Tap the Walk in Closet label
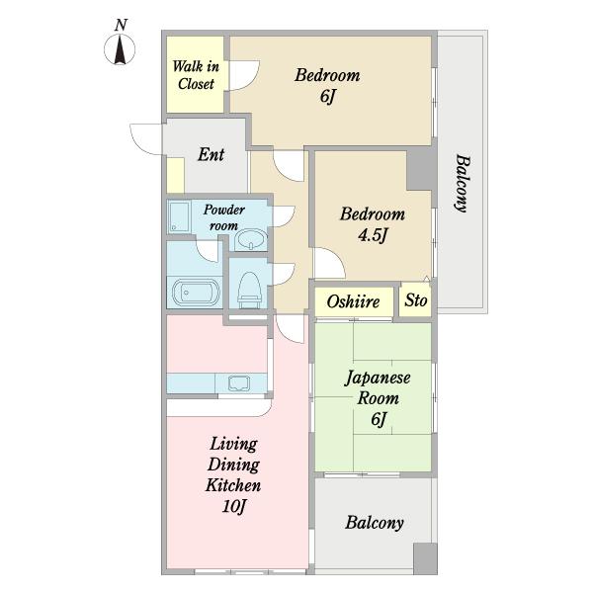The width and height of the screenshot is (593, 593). click(196, 75)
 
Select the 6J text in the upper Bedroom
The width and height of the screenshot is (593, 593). click(327, 97)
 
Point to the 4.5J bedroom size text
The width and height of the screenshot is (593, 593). click(373, 236)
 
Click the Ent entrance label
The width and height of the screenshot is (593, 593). click(212, 154)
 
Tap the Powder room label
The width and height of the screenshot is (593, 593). click(224, 217)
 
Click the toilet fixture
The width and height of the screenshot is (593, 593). click(249, 290)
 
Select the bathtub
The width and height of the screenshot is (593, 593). click(196, 292)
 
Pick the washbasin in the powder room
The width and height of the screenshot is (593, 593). click(251, 240)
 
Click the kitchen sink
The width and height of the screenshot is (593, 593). click(239, 383)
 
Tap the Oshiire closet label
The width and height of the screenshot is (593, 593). click(353, 301)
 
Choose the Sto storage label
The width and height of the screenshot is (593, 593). click(416, 300)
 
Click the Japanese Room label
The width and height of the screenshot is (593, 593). click(378, 387)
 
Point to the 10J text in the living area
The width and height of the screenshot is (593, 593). click(233, 507)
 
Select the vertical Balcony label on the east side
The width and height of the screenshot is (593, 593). click(462, 183)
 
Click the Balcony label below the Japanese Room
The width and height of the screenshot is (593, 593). click(375, 523)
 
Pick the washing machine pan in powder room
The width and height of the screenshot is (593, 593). click(179, 216)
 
